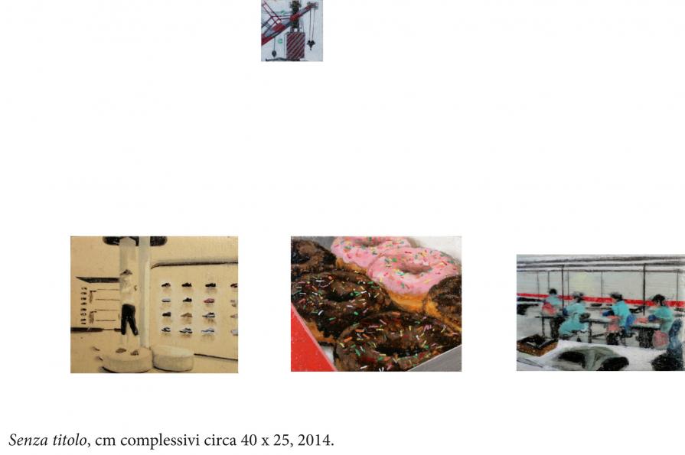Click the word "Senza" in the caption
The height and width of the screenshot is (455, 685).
click(x=28, y=439)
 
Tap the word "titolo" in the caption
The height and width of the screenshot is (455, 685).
click(x=70, y=439)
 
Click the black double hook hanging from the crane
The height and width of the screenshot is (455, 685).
click(x=311, y=44)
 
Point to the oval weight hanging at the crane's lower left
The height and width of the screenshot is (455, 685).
click(x=274, y=53)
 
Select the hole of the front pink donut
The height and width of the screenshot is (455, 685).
click(x=407, y=267)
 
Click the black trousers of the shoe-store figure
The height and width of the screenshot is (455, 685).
click(x=129, y=320)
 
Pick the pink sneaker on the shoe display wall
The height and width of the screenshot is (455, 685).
click(x=209, y=301)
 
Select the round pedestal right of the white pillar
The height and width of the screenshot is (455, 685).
click(x=173, y=358)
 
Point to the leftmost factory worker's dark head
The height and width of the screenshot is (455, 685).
click(x=553, y=292)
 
